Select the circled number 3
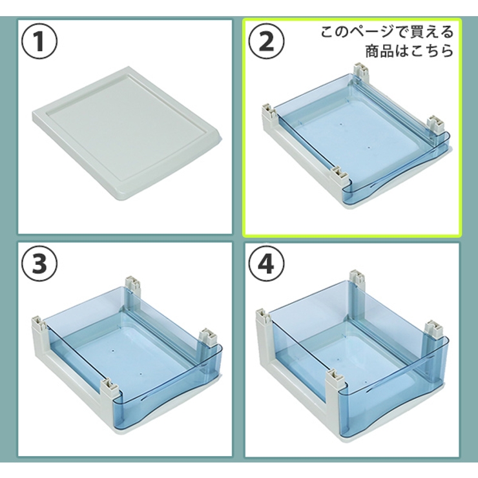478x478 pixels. [40, 264]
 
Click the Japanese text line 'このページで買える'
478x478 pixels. [388, 32]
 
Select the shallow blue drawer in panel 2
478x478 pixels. [355, 139]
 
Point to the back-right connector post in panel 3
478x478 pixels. [132, 284]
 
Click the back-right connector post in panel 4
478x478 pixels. [356, 279]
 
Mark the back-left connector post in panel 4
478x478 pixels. [262, 317]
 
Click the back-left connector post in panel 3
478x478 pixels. [38, 322]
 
